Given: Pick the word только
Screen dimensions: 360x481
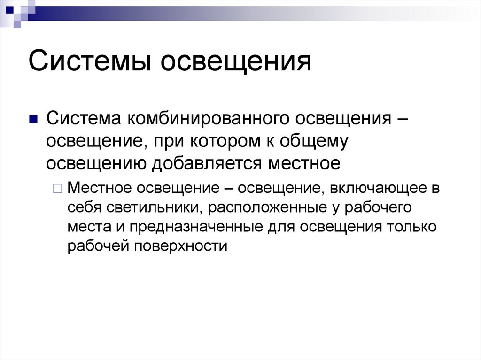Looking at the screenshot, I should point(412,226).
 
